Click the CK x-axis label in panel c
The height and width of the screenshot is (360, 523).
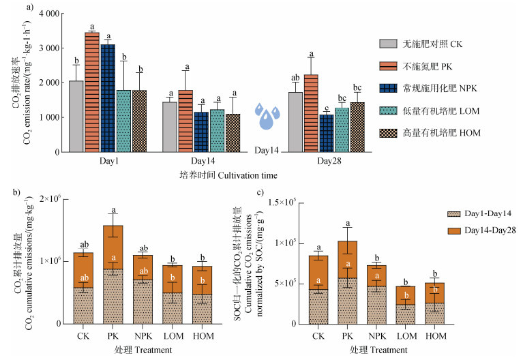(318, 335)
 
